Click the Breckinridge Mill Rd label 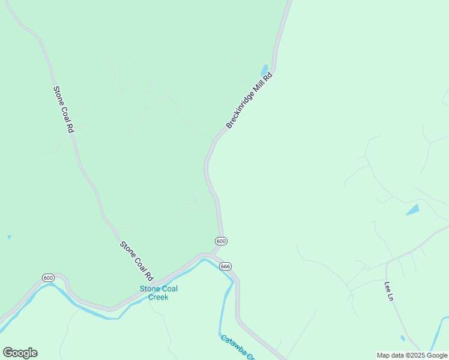point(249,100)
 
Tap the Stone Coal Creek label point(158,293)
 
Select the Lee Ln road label point(388,291)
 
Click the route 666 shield point(225,266)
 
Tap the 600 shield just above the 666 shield point(221,241)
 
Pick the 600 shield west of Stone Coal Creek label point(48,277)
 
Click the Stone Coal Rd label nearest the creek point(136,261)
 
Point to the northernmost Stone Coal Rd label point(63,109)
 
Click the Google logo point(20,353)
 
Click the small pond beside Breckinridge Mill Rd point(264,70)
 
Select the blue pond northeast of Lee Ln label point(412,209)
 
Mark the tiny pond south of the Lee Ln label point(402,338)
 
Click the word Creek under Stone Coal point(158,297)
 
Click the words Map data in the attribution point(390,355)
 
